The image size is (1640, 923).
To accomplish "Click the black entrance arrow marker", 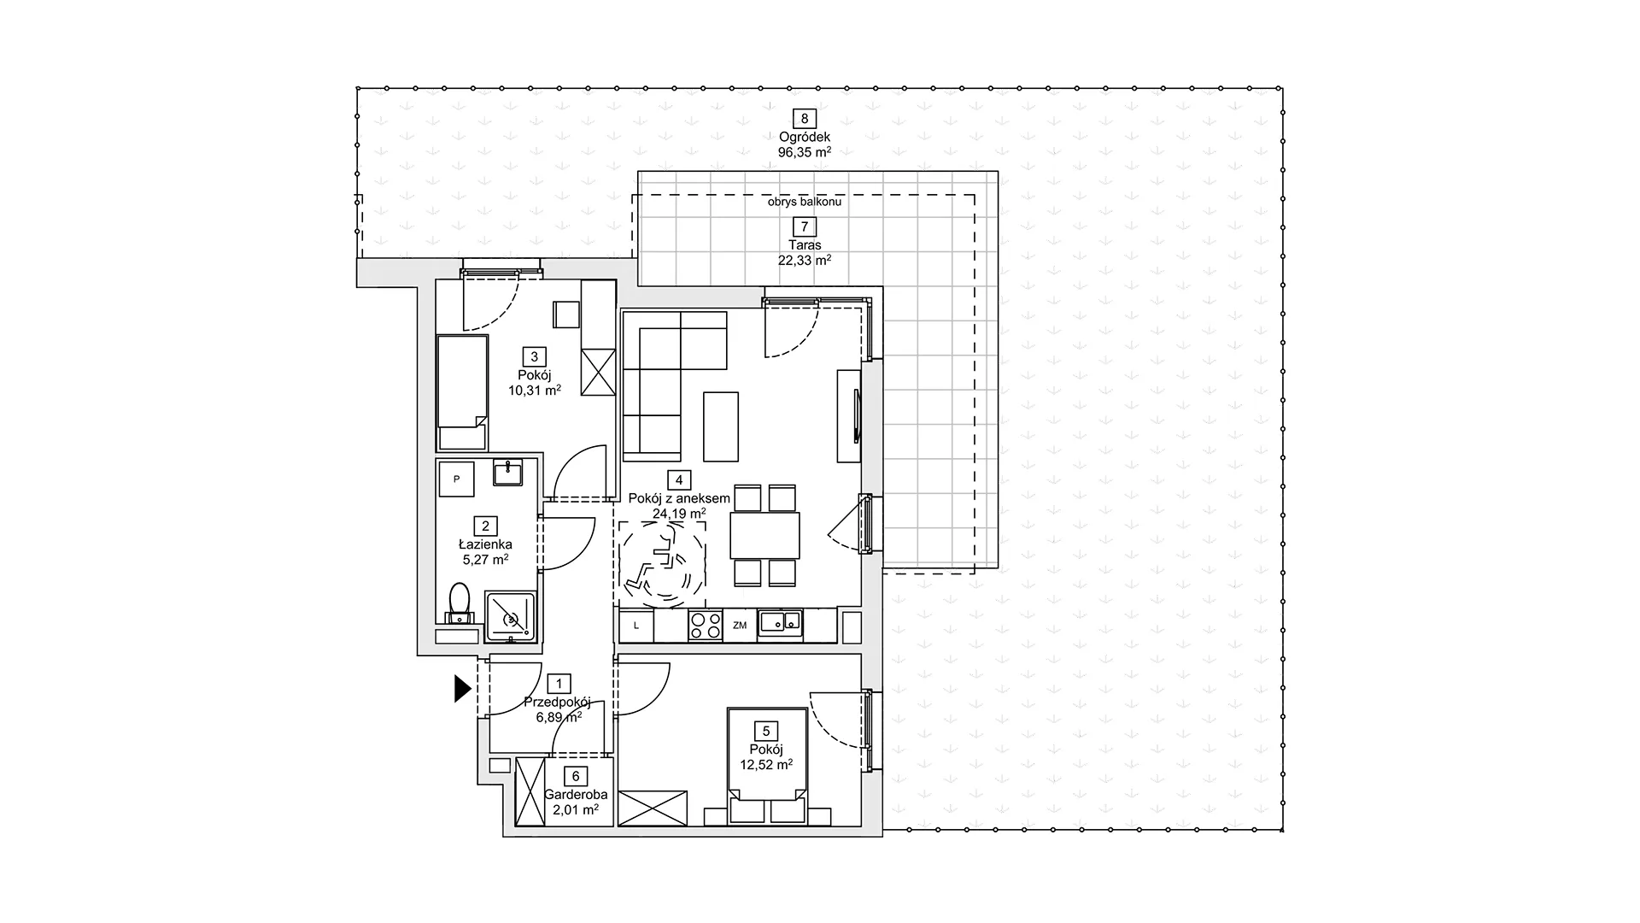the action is (462, 688).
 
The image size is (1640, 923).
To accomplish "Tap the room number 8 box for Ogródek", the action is (804, 119).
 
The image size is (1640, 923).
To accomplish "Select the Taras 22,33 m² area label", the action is (804, 253).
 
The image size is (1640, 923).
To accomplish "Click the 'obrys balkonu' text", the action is (804, 203).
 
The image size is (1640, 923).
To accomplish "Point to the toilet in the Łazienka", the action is (460, 603).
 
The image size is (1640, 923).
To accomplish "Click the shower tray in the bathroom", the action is (510, 615).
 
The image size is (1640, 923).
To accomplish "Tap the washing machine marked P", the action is (457, 479).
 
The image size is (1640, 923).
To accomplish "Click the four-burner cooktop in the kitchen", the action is (706, 626).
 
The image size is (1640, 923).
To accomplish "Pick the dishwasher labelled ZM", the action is (740, 626).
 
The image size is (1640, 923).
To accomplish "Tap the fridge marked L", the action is (636, 626).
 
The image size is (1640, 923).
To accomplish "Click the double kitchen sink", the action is (782, 624).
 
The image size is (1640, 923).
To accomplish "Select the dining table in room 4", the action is (765, 535).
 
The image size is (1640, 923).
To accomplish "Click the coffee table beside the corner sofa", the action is (721, 426).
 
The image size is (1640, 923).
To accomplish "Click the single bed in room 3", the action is (462, 392).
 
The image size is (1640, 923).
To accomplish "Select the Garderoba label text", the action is (576, 794).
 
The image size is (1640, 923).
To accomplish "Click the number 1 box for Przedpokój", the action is (559, 684).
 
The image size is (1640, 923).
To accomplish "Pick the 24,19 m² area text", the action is (679, 514).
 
